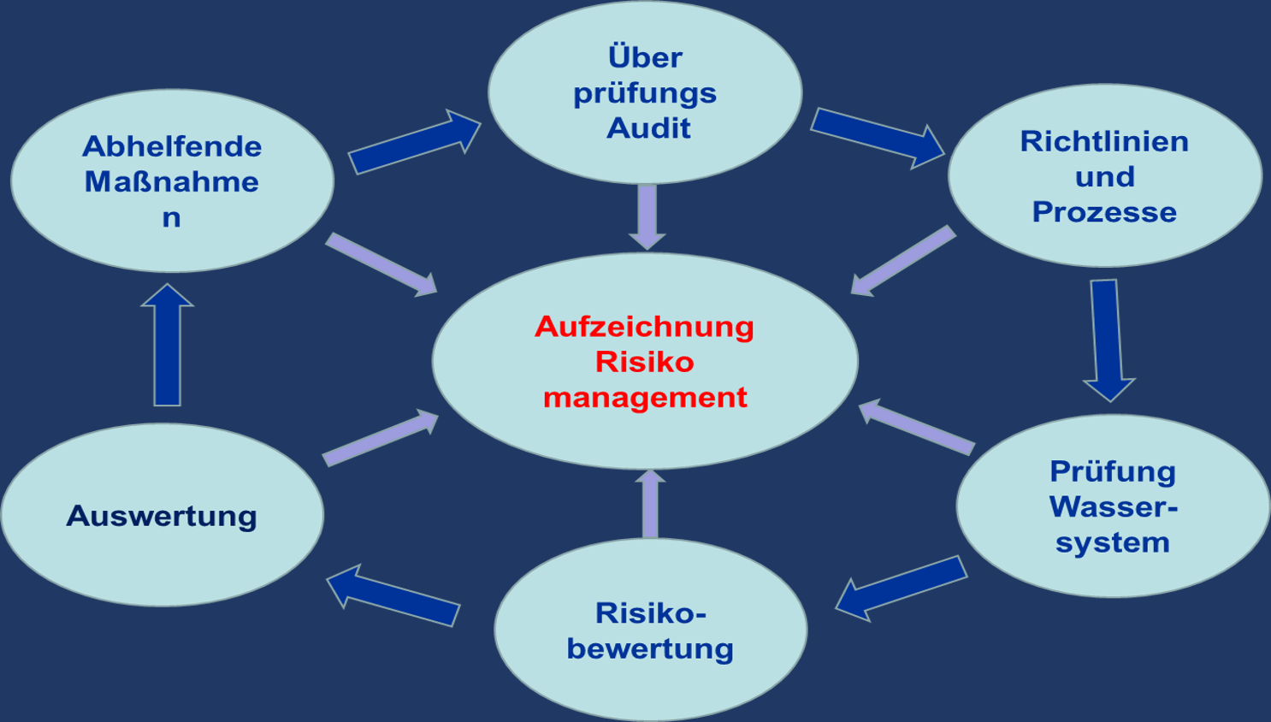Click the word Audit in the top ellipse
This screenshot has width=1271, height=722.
click(x=648, y=128)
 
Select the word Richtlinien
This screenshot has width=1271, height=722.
click(x=1104, y=141)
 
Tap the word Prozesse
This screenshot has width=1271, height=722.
click(x=1104, y=212)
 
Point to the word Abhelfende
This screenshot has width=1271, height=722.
click(x=172, y=146)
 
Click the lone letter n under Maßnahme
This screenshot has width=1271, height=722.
click(x=171, y=217)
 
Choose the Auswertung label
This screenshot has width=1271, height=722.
click(x=162, y=516)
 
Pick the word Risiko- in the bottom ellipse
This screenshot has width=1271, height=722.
click(x=651, y=613)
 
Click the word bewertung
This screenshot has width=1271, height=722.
click(x=650, y=648)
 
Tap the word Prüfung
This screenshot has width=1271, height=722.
click(x=1113, y=471)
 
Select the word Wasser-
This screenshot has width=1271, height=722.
click(x=1113, y=506)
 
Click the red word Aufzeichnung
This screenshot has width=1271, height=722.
click(x=644, y=326)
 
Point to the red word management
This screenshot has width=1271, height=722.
click(x=645, y=397)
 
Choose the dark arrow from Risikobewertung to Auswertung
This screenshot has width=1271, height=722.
click(x=393, y=595)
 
